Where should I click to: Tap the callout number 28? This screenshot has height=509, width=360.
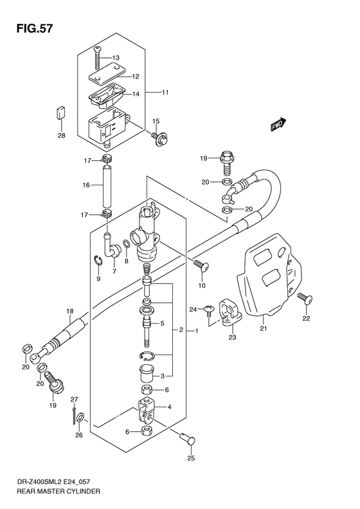point(61,135)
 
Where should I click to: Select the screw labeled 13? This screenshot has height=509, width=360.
point(98,60)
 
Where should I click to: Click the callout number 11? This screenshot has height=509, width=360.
point(165,93)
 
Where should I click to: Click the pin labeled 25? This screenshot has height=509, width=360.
point(187,440)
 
